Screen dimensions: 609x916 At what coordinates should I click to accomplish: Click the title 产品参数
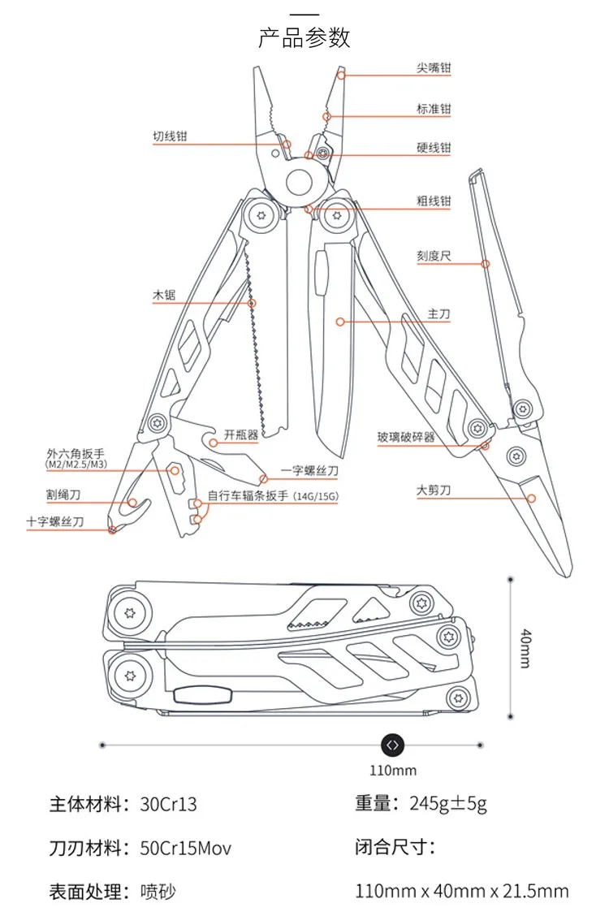(304, 37)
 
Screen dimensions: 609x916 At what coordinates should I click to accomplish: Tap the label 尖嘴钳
(434, 67)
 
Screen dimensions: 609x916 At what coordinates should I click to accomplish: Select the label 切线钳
(170, 136)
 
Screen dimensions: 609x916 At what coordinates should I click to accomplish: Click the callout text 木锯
(164, 295)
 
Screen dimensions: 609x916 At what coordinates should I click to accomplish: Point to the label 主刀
(438, 314)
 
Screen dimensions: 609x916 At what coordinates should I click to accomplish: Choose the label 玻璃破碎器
(406, 437)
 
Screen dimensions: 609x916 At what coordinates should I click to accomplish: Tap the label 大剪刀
(434, 490)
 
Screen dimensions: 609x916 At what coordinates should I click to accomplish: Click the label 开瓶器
(241, 434)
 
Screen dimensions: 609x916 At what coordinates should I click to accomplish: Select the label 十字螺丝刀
(55, 521)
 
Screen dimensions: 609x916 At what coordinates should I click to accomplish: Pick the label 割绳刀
(63, 495)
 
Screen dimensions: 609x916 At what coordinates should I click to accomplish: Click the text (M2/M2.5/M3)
(76, 464)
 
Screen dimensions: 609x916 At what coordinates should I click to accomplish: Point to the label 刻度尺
(434, 256)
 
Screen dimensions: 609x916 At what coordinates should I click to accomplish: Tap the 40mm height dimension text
(525, 648)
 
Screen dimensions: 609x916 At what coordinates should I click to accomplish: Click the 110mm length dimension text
(393, 771)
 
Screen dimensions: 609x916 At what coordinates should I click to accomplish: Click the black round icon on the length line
(392, 745)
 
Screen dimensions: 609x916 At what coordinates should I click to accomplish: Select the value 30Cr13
(168, 805)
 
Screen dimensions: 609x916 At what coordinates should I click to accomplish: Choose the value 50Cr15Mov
(186, 849)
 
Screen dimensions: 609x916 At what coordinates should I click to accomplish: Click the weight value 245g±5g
(448, 804)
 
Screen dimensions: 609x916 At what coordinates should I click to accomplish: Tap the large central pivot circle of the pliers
(300, 182)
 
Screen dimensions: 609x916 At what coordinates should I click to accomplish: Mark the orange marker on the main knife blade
(340, 322)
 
